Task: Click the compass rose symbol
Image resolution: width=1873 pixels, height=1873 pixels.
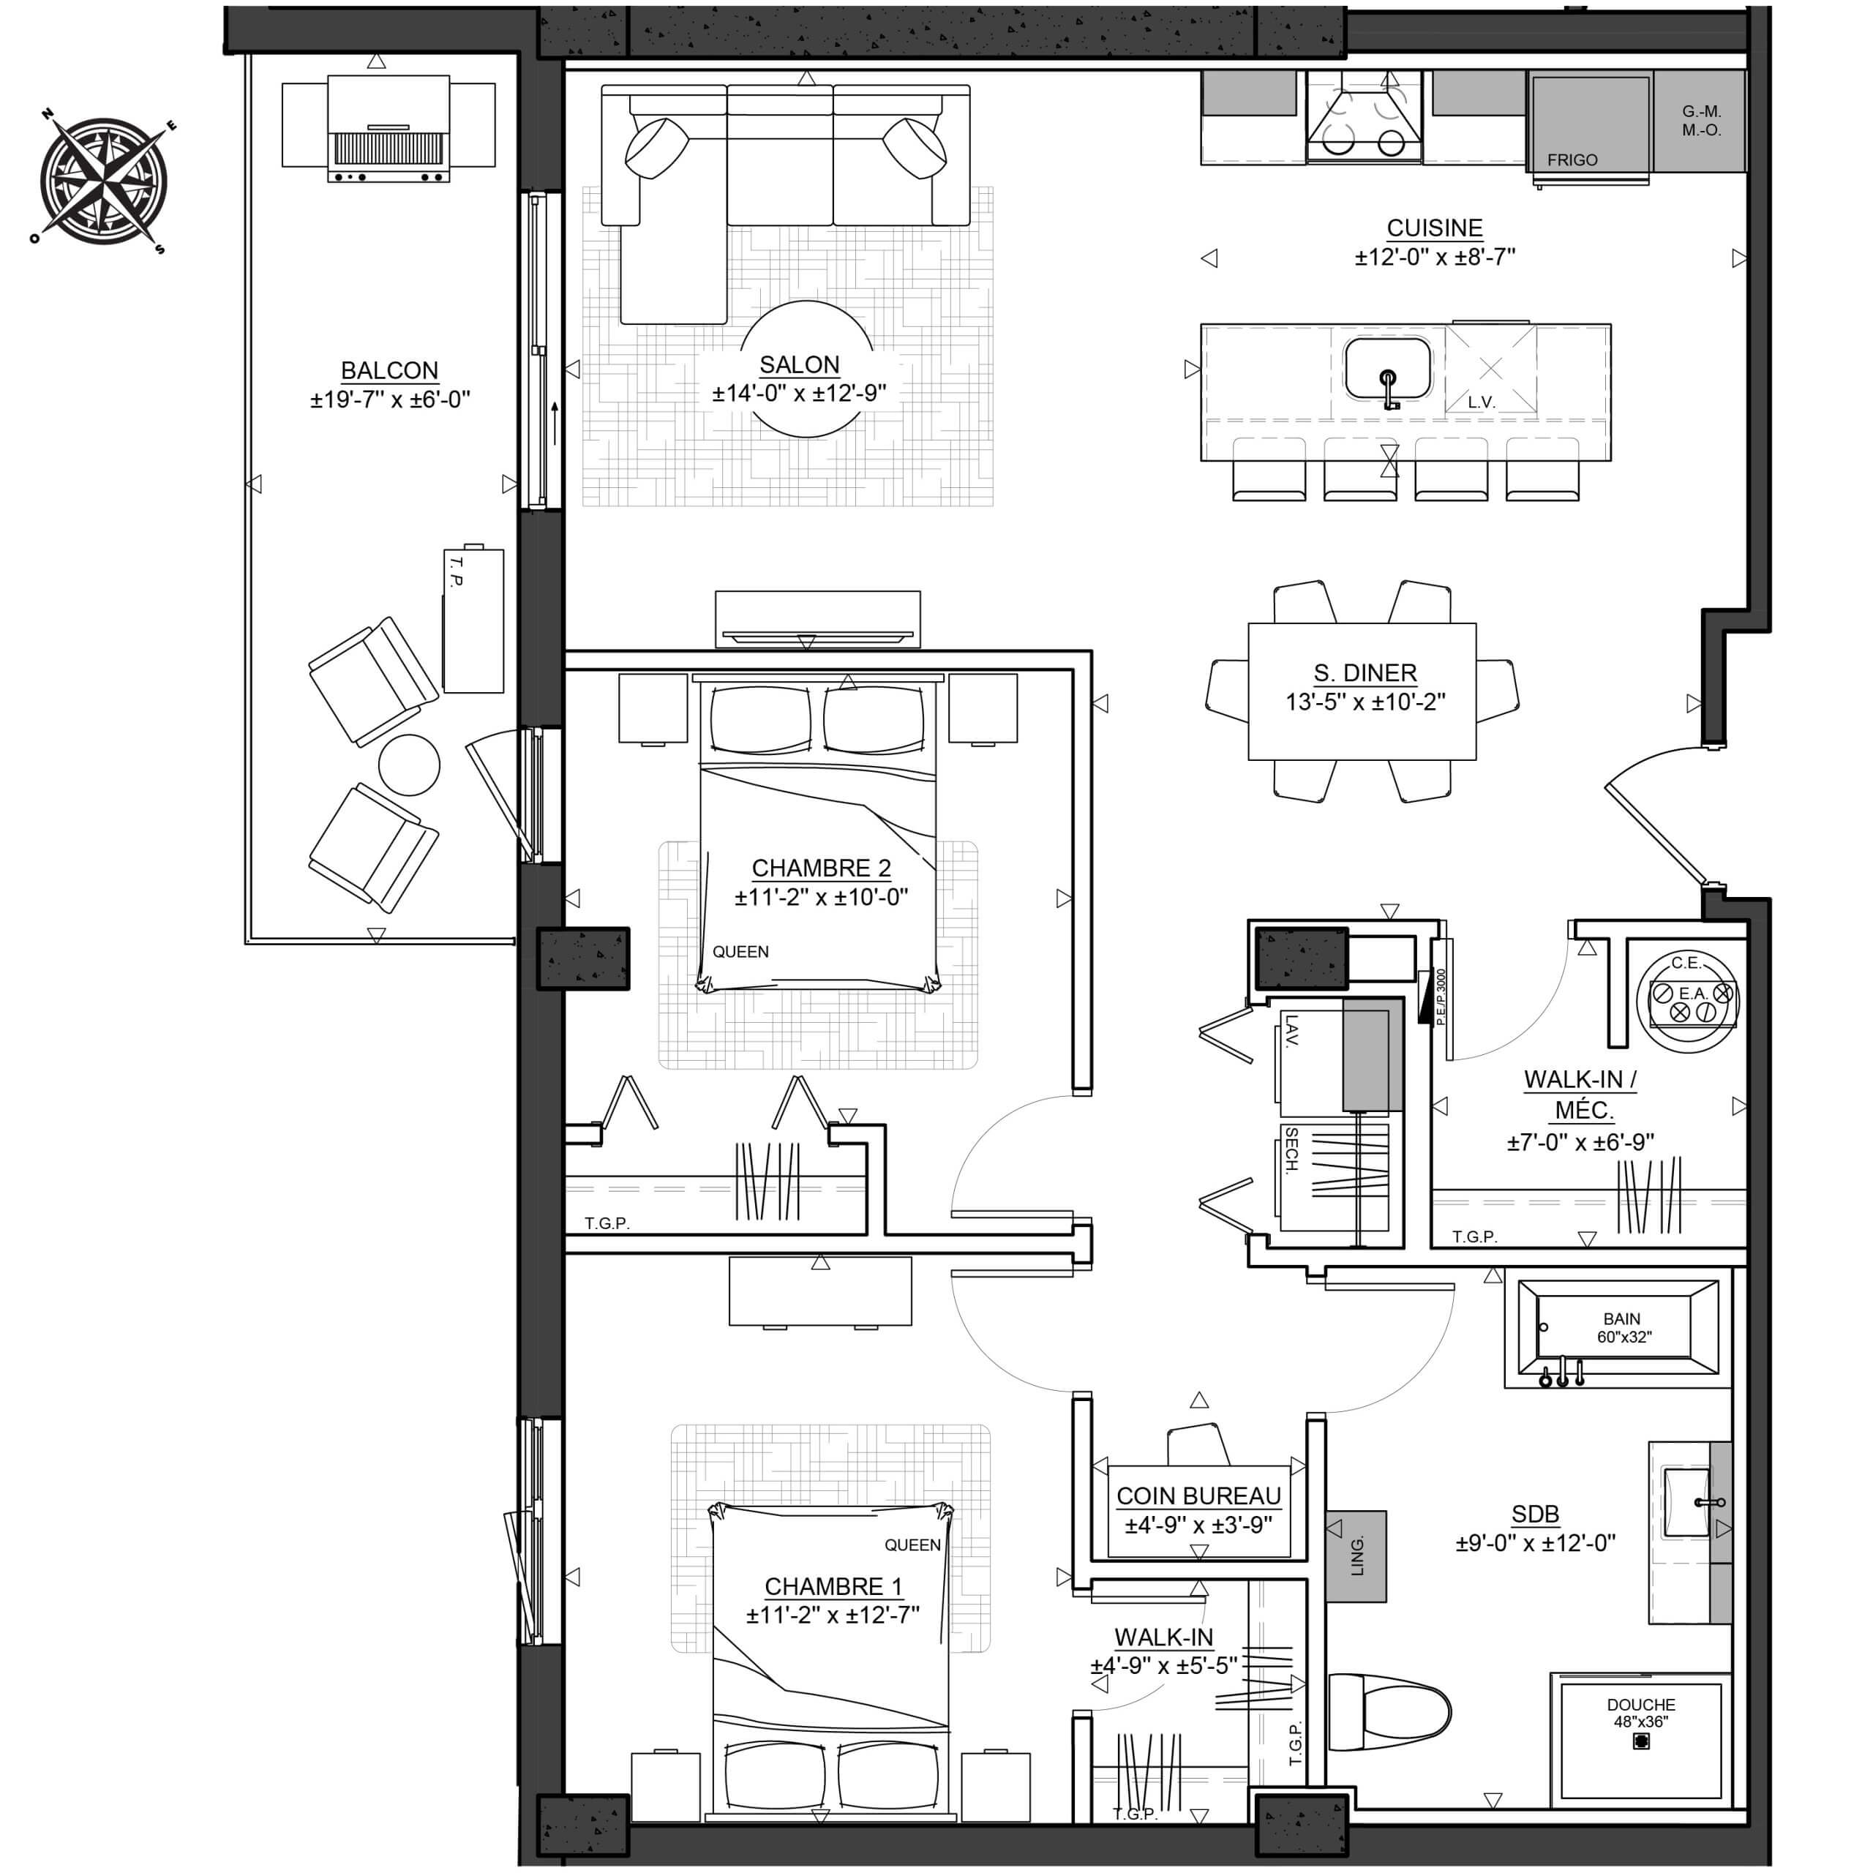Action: [x=102, y=181]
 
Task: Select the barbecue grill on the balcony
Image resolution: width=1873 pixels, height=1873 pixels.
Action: [x=389, y=129]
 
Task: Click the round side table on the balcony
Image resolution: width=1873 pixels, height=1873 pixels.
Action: [x=409, y=765]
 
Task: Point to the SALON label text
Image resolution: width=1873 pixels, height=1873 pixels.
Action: [x=799, y=364]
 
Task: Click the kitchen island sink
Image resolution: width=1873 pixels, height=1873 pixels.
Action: [x=1387, y=369]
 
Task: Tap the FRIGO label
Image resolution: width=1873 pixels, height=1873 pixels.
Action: [x=1572, y=160]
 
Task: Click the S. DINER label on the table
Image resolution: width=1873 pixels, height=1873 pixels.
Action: [x=1365, y=673]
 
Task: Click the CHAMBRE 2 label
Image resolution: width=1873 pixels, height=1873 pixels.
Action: [x=821, y=868]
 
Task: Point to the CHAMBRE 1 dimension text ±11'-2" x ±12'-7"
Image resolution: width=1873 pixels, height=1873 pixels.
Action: [x=833, y=1614]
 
